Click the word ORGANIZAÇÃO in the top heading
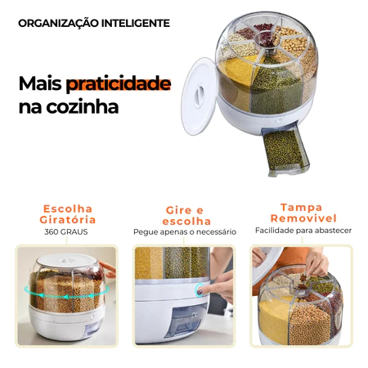(59, 24)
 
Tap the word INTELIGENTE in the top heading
(136, 24)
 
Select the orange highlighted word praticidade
(119, 84)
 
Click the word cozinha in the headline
(83, 107)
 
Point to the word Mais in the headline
(40, 83)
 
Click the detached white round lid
(199, 96)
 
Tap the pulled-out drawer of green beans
(285, 149)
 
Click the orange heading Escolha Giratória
(68, 214)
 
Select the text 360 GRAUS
(66, 232)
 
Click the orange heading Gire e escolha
(186, 216)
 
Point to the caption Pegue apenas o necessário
(185, 232)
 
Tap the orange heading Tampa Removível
(303, 213)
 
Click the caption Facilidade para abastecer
(303, 231)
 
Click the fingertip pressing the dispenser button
(200, 291)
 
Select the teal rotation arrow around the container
(67, 295)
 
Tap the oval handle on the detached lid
(200, 96)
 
